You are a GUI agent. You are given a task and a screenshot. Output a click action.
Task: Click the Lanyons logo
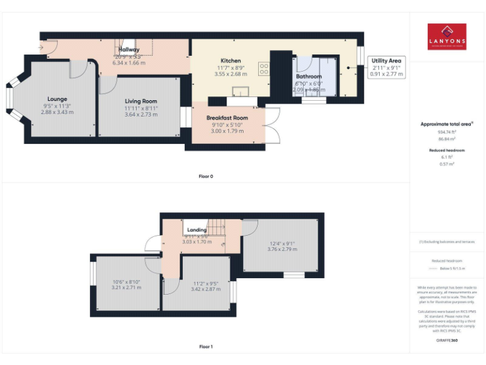click(447, 36)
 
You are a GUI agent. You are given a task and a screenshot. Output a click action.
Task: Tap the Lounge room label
click(57, 99)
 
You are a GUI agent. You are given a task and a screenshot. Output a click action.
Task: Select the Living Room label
click(140, 101)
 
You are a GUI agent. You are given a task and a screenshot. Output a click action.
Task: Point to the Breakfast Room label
click(227, 118)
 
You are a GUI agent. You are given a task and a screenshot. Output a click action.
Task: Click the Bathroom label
click(309, 77)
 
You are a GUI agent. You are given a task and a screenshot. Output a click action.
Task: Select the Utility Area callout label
click(387, 61)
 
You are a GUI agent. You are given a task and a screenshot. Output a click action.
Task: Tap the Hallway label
click(128, 49)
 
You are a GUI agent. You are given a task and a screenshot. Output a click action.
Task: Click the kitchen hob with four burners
click(264, 68)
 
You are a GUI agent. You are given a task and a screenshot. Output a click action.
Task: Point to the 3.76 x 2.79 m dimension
click(281, 249)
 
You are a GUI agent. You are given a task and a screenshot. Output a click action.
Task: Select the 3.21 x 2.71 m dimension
click(127, 287)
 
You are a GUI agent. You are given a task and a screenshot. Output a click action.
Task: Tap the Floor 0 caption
click(206, 176)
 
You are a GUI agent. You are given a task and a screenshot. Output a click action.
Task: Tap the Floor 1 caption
click(206, 347)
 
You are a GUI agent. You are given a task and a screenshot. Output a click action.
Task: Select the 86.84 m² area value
click(447, 138)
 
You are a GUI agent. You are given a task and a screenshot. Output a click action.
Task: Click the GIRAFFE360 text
click(447, 341)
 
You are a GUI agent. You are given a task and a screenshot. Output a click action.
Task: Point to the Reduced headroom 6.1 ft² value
click(447, 157)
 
